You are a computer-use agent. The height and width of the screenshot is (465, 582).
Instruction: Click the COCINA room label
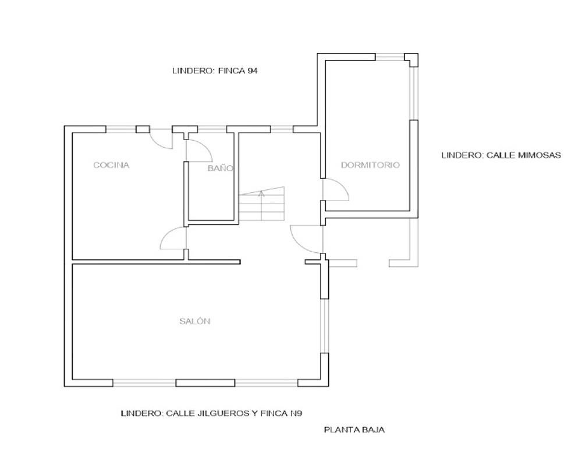click(x=111, y=165)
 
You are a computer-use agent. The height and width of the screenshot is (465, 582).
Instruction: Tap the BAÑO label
click(x=220, y=168)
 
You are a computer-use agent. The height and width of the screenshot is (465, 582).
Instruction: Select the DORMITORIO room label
click(x=370, y=165)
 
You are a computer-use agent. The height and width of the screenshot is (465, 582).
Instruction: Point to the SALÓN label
click(x=195, y=321)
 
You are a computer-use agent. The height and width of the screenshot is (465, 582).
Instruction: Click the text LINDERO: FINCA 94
click(x=215, y=71)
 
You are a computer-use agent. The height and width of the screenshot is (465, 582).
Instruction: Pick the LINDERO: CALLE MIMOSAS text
click(x=501, y=155)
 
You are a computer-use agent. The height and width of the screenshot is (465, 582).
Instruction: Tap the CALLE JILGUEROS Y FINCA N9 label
click(x=234, y=413)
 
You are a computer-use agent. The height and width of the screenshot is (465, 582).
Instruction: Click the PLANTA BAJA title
click(x=354, y=430)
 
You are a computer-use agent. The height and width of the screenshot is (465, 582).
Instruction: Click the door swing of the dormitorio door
click(x=336, y=189)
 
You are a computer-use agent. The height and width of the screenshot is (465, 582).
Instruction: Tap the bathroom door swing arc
click(x=198, y=150)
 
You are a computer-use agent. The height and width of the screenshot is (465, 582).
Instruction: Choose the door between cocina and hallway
click(x=173, y=238)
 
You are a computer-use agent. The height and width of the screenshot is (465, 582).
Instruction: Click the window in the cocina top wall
click(x=120, y=129)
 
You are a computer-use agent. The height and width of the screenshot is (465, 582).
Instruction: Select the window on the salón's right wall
click(x=325, y=326)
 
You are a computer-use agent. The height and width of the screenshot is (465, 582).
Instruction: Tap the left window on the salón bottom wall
click(x=144, y=382)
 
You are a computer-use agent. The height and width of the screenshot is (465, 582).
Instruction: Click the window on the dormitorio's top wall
click(x=389, y=57)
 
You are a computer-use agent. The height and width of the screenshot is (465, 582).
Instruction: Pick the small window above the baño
click(x=212, y=129)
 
